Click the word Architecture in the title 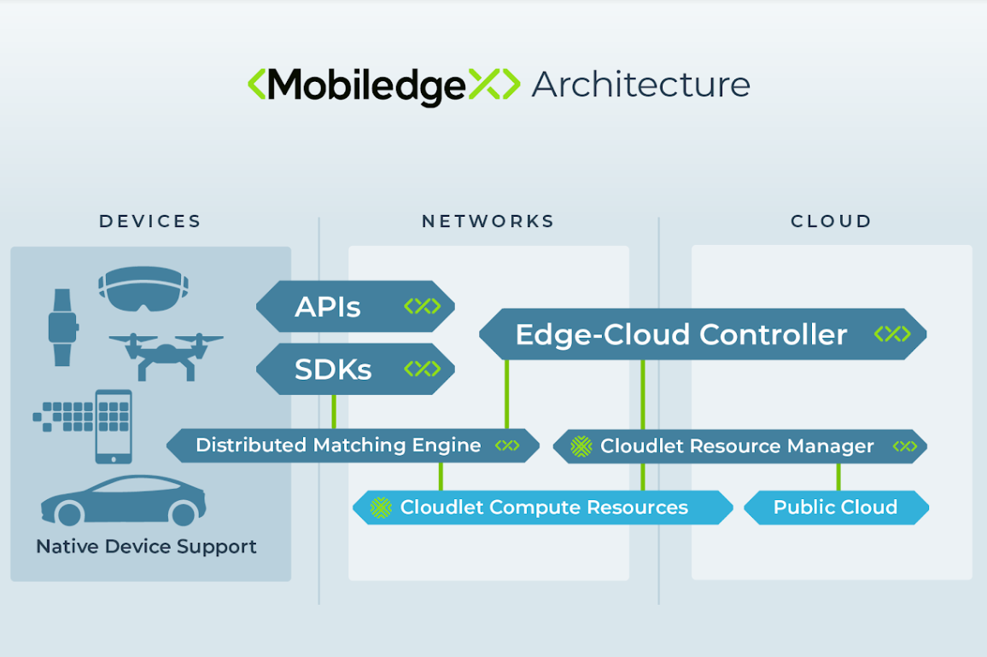641,85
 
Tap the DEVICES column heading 149,222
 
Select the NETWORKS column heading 488,222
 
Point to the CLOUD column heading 831,222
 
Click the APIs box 355,306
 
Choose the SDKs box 355,369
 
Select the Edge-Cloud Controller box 703,334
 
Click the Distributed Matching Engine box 353,445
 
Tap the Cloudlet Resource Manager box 739,446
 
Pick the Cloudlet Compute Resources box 543,507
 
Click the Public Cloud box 836,507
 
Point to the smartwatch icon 63,328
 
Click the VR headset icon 143,289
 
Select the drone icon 166,356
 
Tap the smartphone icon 114,427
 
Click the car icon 123,500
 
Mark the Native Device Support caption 146,546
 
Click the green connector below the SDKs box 334,412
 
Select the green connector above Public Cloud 838,477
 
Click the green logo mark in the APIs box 423,306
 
